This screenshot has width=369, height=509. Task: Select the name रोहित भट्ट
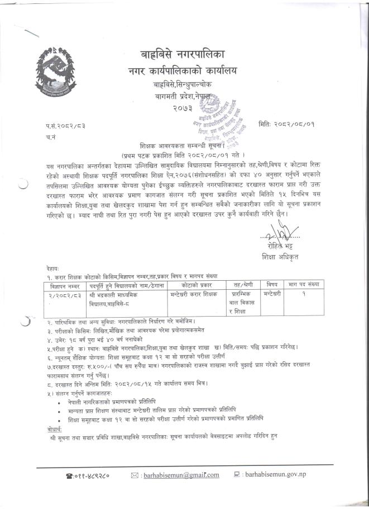pyautogui.click(x=280, y=246)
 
